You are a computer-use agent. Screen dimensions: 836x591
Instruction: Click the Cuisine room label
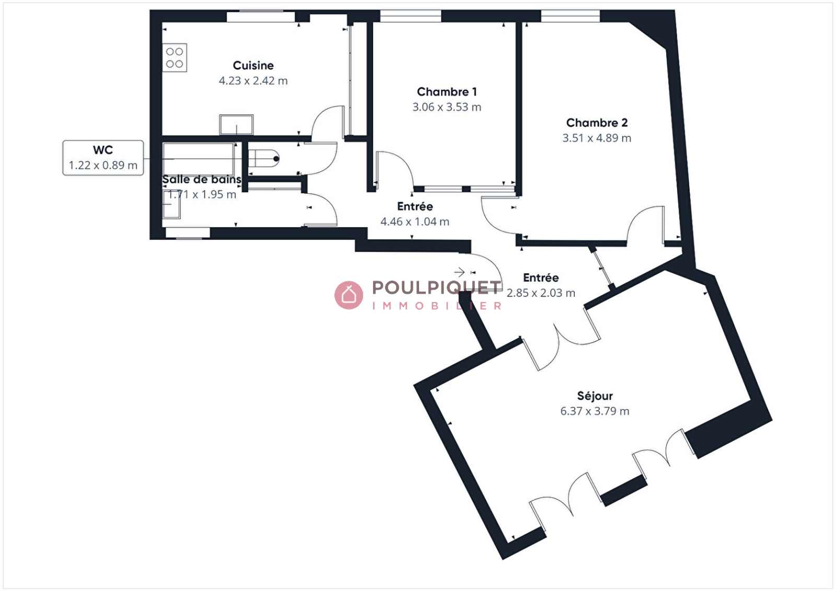coord(253,65)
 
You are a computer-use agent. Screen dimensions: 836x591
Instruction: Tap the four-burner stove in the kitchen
coord(175,58)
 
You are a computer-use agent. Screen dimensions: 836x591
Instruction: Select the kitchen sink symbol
coord(236,125)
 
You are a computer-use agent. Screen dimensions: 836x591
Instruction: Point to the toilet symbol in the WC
coord(263,159)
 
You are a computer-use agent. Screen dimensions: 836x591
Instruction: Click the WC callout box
coord(103,158)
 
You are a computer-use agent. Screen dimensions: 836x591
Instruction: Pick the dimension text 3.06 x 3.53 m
coord(447,107)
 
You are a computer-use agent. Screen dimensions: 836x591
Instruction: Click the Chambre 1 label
coord(447,92)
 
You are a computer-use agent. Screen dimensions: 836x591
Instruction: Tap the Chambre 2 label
coord(597,123)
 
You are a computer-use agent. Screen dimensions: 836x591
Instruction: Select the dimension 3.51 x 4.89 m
coord(597,138)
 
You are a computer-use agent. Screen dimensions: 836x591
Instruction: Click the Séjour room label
coord(595,396)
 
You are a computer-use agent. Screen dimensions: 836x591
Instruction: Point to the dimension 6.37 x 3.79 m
coord(595,411)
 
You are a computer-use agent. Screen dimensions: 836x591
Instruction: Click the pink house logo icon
coord(349,295)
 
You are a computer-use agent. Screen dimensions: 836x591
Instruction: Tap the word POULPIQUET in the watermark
coord(436,287)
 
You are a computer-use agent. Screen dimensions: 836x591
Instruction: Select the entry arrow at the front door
coord(459,272)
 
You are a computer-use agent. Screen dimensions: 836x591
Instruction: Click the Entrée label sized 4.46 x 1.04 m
coord(415,206)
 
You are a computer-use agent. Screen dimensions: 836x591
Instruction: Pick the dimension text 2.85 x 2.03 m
coord(541,293)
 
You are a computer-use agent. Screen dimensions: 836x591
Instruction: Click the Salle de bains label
coord(202,180)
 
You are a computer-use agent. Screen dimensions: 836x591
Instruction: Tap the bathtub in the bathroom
coord(199,159)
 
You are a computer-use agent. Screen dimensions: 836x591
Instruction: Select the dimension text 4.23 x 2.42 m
coord(253,80)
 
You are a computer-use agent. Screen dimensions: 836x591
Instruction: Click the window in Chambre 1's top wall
coord(411,16)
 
